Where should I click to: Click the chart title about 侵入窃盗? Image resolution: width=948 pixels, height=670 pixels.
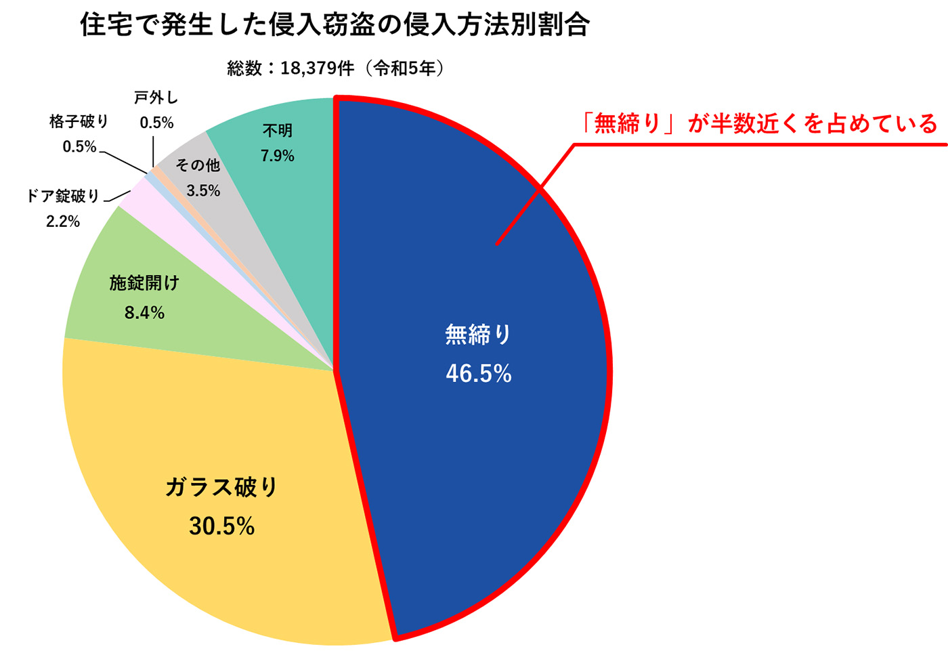point(335,25)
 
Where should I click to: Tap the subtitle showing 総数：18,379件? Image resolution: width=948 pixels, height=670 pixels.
point(337,68)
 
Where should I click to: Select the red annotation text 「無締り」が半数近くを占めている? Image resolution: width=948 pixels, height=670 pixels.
point(758,124)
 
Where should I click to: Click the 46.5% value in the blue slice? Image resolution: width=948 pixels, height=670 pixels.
point(478,373)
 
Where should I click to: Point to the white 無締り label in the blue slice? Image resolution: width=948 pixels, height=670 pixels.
point(478,335)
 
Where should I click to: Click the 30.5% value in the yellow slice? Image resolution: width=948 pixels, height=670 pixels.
point(221,526)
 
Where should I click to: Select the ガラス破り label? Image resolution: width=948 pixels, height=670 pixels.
point(221,487)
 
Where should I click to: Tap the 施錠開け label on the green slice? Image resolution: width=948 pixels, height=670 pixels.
point(144,283)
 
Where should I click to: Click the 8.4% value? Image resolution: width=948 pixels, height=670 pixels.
point(144,312)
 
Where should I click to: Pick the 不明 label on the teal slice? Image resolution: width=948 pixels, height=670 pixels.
point(278,131)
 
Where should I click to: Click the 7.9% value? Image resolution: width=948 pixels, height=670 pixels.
point(278,156)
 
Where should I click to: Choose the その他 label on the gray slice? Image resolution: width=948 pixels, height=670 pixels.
point(198,165)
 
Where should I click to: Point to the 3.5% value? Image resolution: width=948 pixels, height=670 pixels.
point(203,191)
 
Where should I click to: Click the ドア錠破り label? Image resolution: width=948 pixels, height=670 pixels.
point(63,196)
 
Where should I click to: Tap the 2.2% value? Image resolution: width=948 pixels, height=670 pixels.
point(63,222)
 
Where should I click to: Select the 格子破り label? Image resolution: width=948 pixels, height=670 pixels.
point(79,122)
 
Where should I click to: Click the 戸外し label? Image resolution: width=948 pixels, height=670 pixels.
point(156,98)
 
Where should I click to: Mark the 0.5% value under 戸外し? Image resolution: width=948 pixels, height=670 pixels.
point(156,123)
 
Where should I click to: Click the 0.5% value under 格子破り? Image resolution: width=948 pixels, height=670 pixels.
point(79,147)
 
